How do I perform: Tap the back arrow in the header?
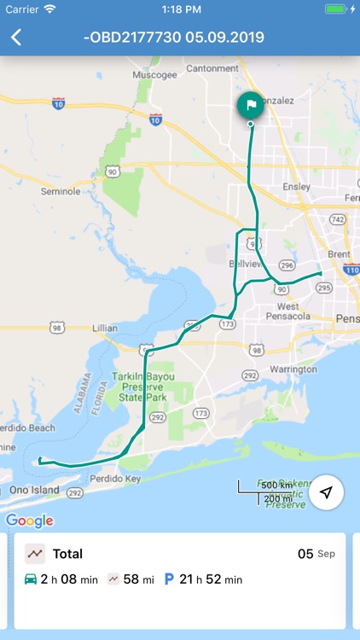pos(15,38)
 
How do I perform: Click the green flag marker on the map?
pos(250,106)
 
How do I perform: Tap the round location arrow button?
pos(326,492)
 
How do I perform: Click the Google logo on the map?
pos(30,521)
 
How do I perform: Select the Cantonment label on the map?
pos(212,68)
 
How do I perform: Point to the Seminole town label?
pos(60,192)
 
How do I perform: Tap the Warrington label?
pos(293,369)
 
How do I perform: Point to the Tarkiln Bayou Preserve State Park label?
pos(142,386)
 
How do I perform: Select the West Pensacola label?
pos(299,311)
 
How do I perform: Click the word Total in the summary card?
pos(67,554)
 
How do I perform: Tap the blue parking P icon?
pos(169,579)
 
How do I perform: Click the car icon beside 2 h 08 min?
pos(31,579)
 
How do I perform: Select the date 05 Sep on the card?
pos(316,554)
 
